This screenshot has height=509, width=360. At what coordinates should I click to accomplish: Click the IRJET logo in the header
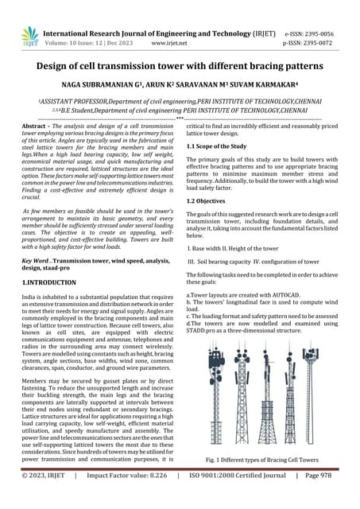(29, 36)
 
